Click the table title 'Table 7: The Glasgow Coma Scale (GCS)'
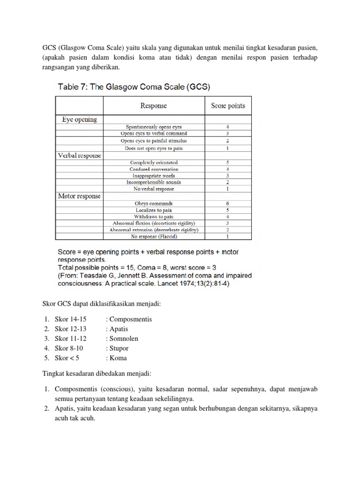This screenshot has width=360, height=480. (134, 87)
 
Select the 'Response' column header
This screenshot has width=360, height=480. (153, 106)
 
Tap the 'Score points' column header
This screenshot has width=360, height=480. (228, 106)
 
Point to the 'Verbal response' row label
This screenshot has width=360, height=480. (79, 155)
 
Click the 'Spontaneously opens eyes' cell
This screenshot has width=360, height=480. (154, 127)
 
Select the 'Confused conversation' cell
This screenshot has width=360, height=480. (154, 169)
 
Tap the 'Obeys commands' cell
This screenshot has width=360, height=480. (154, 203)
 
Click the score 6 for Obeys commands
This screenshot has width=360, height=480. (228, 203)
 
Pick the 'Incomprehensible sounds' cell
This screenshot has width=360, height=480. (154, 182)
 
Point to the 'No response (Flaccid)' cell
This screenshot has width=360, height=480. (154, 237)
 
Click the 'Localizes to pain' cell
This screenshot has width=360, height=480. (154, 210)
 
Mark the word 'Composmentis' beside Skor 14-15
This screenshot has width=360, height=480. (129, 319)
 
